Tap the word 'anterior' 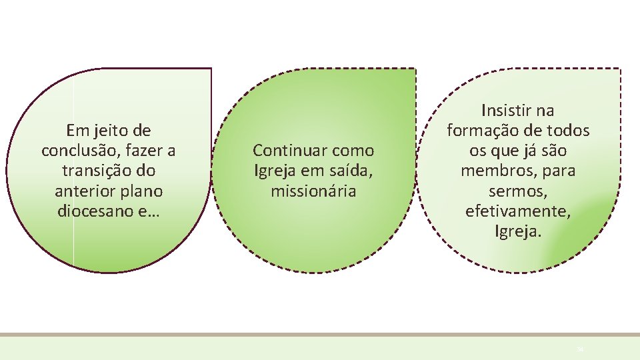pyautogui.click(x=84, y=191)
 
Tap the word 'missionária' pyautogui.click(x=313, y=191)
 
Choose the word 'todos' pyautogui.click(x=567, y=130)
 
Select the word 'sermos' pyautogui.click(x=517, y=191)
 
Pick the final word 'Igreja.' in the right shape pyautogui.click(x=518, y=232)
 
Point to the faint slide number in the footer pyautogui.click(x=579, y=349)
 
